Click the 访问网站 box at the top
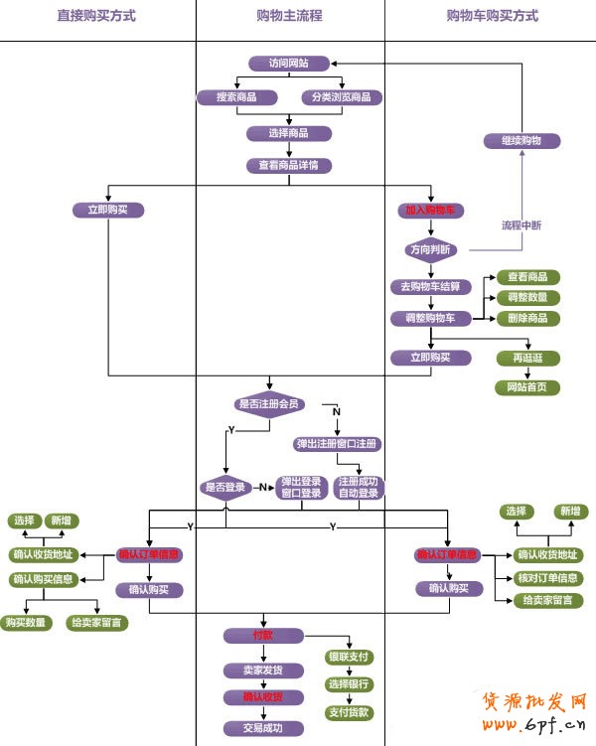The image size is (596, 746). point(288,63)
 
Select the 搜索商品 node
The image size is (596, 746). point(236,97)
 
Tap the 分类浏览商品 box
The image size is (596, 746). point(342,97)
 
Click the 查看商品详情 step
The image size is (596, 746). point(288,166)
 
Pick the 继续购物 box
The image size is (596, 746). point(521,141)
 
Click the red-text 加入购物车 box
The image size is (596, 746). point(430,211)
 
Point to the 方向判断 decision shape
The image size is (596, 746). point(430,249)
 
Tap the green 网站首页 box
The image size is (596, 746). point(527,387)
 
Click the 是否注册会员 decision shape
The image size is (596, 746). point(268,404)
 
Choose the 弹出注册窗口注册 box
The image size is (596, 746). point(338,443)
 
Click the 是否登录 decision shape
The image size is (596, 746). point(225,488)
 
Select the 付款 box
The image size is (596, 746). point(263,635)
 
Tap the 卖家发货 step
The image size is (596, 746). point(263,671)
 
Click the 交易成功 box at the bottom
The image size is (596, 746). point(263,728)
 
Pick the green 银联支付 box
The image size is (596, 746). point(349,657)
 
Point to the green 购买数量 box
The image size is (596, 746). point(27,623)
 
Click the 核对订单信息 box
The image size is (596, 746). point(549,578)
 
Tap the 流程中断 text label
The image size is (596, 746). point(521,225)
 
